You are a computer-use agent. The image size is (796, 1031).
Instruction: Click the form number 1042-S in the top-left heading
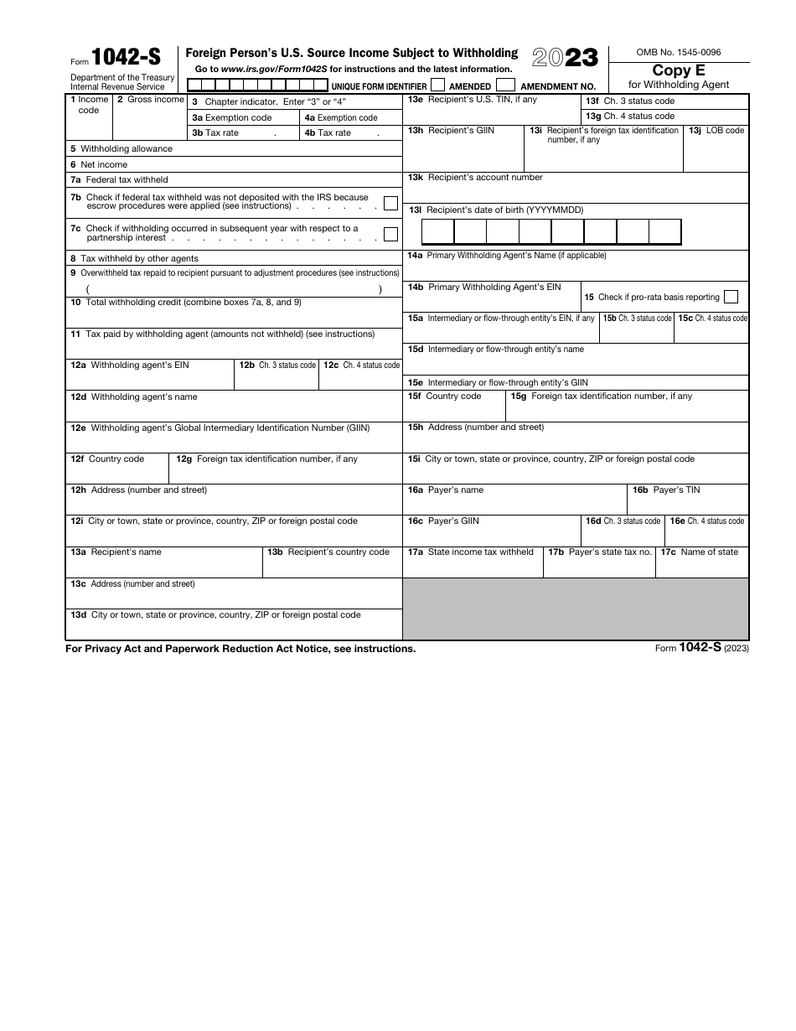pos(126,57)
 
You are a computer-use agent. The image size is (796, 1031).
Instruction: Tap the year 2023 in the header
pos(566,57)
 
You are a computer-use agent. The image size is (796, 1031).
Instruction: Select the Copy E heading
pos(679,70)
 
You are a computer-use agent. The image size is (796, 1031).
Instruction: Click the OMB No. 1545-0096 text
pos(678,52)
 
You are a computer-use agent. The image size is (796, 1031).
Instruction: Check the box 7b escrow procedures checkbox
pos(390,202)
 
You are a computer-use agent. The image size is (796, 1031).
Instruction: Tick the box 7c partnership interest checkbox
pos(390,234)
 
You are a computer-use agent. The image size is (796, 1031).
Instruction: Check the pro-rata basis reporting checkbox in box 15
pos(731,297)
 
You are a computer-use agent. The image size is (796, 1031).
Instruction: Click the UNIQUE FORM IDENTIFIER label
pos(379,86)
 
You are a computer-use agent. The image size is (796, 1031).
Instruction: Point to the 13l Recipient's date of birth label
pos(495,210)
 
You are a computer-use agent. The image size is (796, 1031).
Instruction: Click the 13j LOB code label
pos(716,131)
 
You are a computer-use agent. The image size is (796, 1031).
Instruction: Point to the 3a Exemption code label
pos(232,118)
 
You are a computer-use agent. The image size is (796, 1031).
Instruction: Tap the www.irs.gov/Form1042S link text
pos(274,70)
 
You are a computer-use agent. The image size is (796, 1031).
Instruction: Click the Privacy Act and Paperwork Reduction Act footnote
pos(240,649)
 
